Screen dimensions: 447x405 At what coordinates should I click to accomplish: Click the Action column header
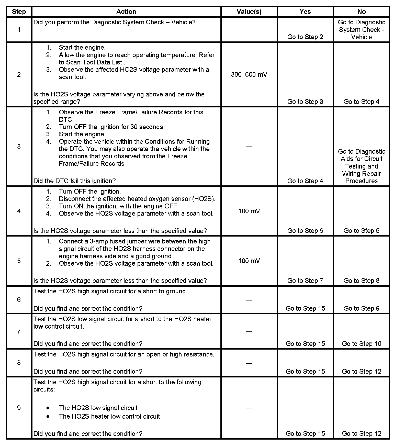click(126, 12)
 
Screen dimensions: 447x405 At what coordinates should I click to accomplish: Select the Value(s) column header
click(249, 12)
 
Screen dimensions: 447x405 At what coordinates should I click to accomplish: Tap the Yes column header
click(305, 12)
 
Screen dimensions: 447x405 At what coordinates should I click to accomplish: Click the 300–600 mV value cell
click(249, 75)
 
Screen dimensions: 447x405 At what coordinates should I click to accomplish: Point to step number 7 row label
click(19, 331)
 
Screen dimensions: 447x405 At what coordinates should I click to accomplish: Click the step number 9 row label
click(19, 408)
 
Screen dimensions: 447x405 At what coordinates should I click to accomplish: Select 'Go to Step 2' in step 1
click(305, 37)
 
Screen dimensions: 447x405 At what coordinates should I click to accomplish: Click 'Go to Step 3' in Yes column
click(305, 102)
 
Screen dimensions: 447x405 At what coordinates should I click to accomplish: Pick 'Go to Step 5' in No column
click(362, 231)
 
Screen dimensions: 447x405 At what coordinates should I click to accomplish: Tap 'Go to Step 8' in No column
click(362, 281)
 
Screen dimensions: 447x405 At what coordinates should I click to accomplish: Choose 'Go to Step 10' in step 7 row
click(362, 344)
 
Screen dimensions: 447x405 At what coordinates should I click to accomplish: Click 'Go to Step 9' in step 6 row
click(362, 308)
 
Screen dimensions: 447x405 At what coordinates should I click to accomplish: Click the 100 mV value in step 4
click(249, 211)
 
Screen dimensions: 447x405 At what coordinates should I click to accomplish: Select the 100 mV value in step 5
click(249, 261)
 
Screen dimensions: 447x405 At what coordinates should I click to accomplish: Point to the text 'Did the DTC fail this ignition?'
click(75, 181)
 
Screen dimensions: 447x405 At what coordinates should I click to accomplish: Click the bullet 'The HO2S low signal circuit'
click(98, 408)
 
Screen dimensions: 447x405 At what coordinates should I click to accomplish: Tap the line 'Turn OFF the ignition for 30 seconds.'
click(112, 127)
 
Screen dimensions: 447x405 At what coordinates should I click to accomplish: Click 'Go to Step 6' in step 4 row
click(305, 231)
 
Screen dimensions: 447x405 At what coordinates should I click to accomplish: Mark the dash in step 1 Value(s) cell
click(249, 30)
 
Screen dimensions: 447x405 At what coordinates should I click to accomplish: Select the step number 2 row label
click(19, 75)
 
